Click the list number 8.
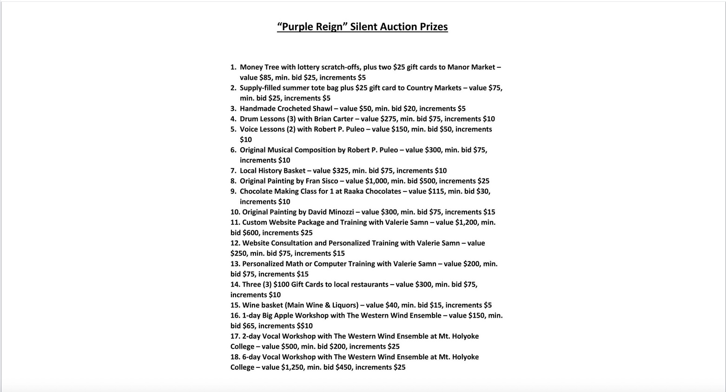pos(233,181)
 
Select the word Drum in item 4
pos(249,119)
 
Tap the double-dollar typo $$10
pos(304,326)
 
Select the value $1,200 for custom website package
pos(466,222)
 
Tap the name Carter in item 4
pos(343,119)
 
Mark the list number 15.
pos(235,305)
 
